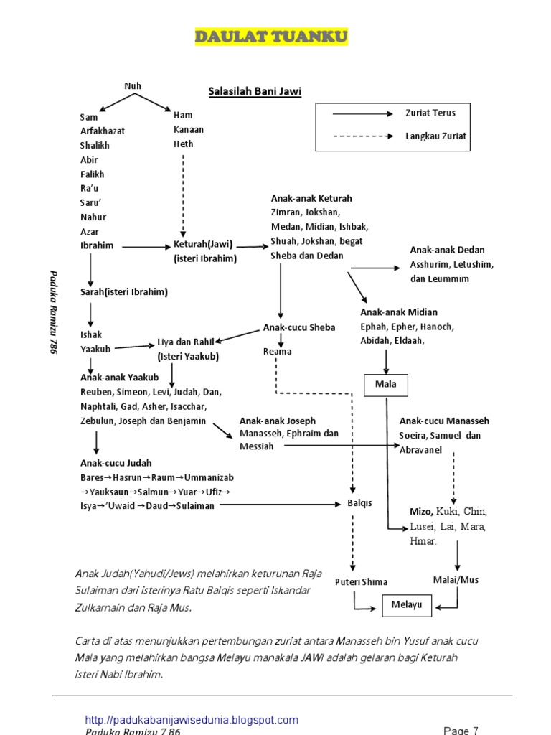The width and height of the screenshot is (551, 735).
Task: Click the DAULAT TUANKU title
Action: point(271,37)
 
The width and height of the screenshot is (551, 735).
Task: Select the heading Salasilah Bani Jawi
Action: point(255,91)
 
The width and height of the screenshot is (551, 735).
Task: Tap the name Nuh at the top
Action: point(133,86)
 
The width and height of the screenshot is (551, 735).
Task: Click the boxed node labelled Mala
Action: point(386,385)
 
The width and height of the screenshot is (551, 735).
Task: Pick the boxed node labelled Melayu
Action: point(407,605)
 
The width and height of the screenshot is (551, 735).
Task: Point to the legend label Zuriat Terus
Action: point(430,113)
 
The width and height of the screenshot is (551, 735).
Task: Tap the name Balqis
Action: point(359,503)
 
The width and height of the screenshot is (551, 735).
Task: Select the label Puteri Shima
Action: point(361,582)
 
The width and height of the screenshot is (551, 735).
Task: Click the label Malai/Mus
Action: point(456,579)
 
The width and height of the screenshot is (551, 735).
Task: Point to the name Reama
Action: point(277,352)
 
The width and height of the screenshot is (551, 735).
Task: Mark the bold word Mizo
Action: point(421,512)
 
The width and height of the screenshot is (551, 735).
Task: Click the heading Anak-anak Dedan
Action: point(448,250)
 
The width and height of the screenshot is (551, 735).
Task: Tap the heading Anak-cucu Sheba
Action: point(299,327)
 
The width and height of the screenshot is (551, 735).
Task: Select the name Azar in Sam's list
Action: point(90,232)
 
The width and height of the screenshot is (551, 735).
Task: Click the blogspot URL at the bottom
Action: point(192,720)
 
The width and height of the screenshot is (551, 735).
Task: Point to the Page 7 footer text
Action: point(461,731)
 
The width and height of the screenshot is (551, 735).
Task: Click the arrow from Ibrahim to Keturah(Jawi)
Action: point(143,246)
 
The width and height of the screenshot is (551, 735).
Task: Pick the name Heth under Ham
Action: point(184,144)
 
